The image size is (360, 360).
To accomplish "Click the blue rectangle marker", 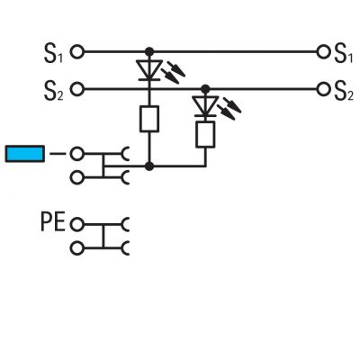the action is click(25, 154).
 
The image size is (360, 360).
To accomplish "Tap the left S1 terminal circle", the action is click(77, 52).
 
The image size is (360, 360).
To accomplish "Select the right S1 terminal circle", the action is click(323, 52).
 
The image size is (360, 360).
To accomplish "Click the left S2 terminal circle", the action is click(77, 89).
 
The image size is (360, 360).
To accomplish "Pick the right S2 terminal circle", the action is click(323, 89).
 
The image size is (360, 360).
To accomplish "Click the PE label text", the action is click(53, 222).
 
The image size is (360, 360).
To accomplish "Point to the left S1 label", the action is click(53, 53).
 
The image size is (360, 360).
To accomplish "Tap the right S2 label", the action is click(344, 90).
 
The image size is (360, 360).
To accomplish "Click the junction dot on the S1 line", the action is click(149, 52).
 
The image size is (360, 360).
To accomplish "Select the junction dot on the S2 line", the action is click(205, 89).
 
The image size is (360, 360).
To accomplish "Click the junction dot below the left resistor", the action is click(149, 166).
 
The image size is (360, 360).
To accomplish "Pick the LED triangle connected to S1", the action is click(149, 69).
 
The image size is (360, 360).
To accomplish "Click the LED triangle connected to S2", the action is click(205, 106).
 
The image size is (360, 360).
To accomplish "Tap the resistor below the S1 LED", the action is click(149, 119).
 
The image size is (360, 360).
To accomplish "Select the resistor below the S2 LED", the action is click(205, 134).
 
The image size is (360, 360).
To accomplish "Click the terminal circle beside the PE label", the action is click(77, 224).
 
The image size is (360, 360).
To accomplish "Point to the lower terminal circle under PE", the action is click(77, 248).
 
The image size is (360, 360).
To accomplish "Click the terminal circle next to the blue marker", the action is click(77, 154).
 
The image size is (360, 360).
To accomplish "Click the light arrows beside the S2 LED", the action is click(229, 109).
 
